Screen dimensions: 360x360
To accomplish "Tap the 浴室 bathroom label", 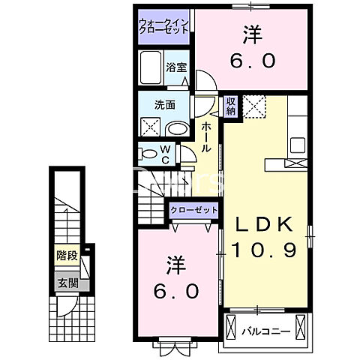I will pyautogui.click(x=175, y=65).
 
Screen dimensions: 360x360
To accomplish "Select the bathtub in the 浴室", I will pyautogui.click(x=151, y=70).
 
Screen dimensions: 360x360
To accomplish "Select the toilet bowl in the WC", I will pyautogui.click(x=146, y=155).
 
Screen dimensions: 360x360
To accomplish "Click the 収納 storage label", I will pyautogui.click(x=231, y=105).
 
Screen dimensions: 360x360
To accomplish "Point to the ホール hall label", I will pyautogui.click(x=205, y=139).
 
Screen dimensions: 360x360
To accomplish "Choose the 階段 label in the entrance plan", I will pyautogui.click(x=67, y=256).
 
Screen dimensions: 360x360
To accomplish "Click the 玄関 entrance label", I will pyautogui.click(x=67, y=283).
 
